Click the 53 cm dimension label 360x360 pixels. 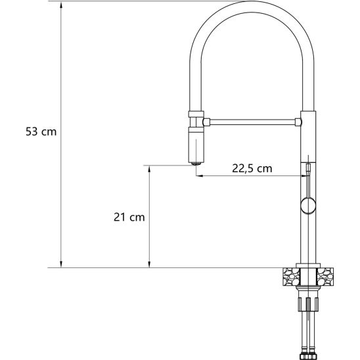(41, 131)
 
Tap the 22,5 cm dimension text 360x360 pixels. (252, 168)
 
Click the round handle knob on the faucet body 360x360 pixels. (307, 205)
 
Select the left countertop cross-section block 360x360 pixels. (288, 277)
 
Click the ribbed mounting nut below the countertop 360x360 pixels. (307, 304)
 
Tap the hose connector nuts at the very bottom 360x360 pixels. (307, 353)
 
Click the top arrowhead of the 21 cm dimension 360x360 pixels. (150, 169)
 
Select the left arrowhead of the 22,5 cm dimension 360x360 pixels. (199, 176)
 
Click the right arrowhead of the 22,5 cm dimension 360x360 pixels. (303, 176)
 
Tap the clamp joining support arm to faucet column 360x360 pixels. (300, 122)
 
